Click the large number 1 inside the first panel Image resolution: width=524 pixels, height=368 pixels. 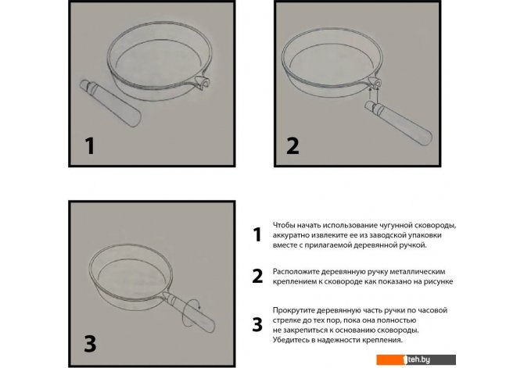click(x=90, y=146)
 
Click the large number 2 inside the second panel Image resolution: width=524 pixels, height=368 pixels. click(x=293, y=146)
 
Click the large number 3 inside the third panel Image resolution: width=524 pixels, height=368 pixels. click(x=90, y=343)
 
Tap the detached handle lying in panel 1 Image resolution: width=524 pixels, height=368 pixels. click(x=110, y=103)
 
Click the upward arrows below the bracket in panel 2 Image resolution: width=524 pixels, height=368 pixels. click(x=374, y=95)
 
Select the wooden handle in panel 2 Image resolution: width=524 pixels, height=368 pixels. click(x=398, y=123)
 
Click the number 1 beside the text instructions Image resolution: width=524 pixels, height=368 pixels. click(x=257, y=234)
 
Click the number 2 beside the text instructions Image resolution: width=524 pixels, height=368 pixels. click(x=257, y=276)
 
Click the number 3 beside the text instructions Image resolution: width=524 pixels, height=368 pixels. click(x=257, y=325)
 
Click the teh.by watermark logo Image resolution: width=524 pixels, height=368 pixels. click(x=416, y=359)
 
